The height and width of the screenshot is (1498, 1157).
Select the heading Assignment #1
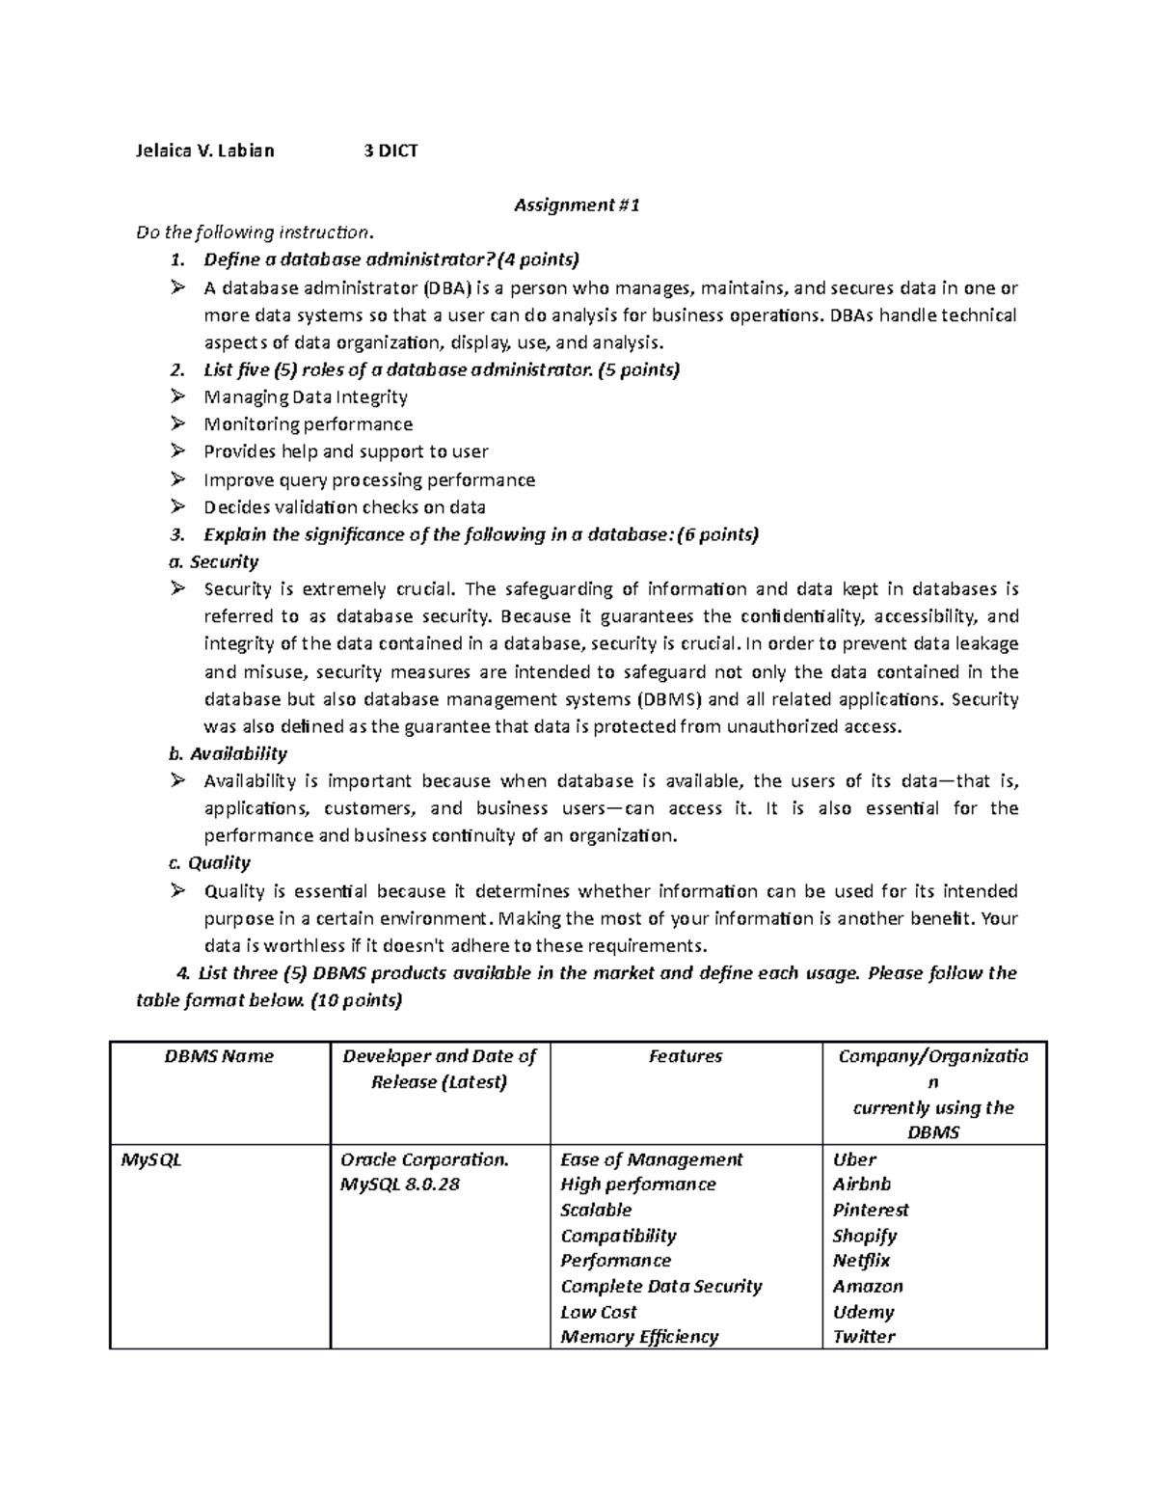tap(577, 204)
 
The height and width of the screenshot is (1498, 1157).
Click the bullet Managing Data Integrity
tap(306, 396)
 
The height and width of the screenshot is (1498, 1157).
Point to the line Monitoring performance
tap(308, 424)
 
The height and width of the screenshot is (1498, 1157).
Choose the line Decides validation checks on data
tap(344, 507)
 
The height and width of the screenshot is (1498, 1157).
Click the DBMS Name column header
tap(219, 1056)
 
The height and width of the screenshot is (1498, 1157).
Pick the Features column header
tap(686, 1056)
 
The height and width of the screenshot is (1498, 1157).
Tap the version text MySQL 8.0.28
tap(400, 1185)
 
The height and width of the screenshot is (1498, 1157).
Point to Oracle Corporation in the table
tap(424, 1159)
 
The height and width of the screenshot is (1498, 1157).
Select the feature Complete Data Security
tap(661, 1286)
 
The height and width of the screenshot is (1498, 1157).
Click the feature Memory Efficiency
tap(639, 1337)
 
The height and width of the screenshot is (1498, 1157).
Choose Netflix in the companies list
tap(861, 1261)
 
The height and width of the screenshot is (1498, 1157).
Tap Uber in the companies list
tap(854, 1159)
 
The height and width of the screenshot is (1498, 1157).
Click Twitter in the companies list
tap(864, 1337)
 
